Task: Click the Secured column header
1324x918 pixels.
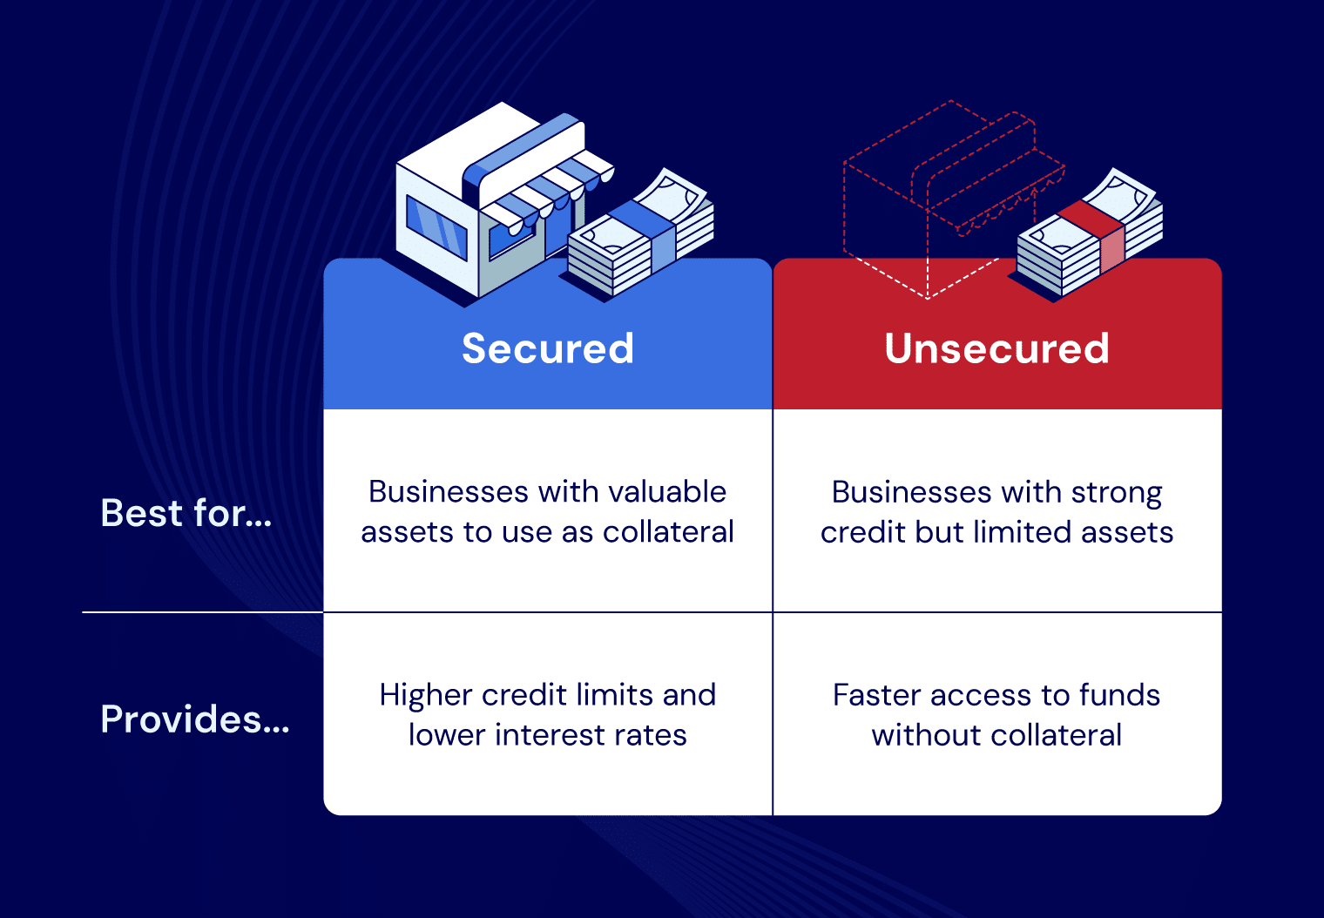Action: click(x=548, y=348)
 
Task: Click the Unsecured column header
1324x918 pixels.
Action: click(x=996, y=348)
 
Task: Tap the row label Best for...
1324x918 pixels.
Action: click(x=186, y=513)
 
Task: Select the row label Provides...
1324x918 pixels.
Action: click(x=195, y=719)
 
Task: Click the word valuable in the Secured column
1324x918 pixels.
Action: click(x=667, y=492)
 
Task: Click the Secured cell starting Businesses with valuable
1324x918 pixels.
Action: click(x=548, y=511)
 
